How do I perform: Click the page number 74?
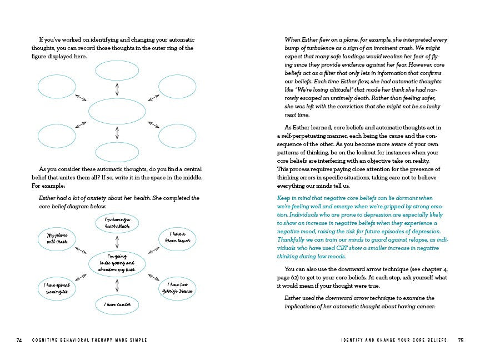pyautogui.click(x=19, y=340)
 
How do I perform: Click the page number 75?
pyautogui.click(x=461, y=340)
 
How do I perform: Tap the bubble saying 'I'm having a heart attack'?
pyautogui.click(x=117, y=224)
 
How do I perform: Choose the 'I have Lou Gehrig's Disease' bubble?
pyautogui.click(x=177, y=288)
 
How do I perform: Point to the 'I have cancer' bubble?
pyautogui.click(x=117, y=304)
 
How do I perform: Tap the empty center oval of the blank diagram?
pyautogui.click(x=117, y=111)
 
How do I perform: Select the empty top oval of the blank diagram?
pyautogui.click(x=117, y=71)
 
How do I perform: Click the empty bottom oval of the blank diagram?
pyautogui.click(x=117, y=152)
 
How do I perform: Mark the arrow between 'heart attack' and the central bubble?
pyautogui.click(x=117, y=242)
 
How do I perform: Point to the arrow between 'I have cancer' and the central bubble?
pyautogui.click(x=117, y=285)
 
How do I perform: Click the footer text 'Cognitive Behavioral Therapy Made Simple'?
pyautogui.click(x=89, y=340)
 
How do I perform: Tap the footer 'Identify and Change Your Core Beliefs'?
pyautogui.click(x=386, y=340)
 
